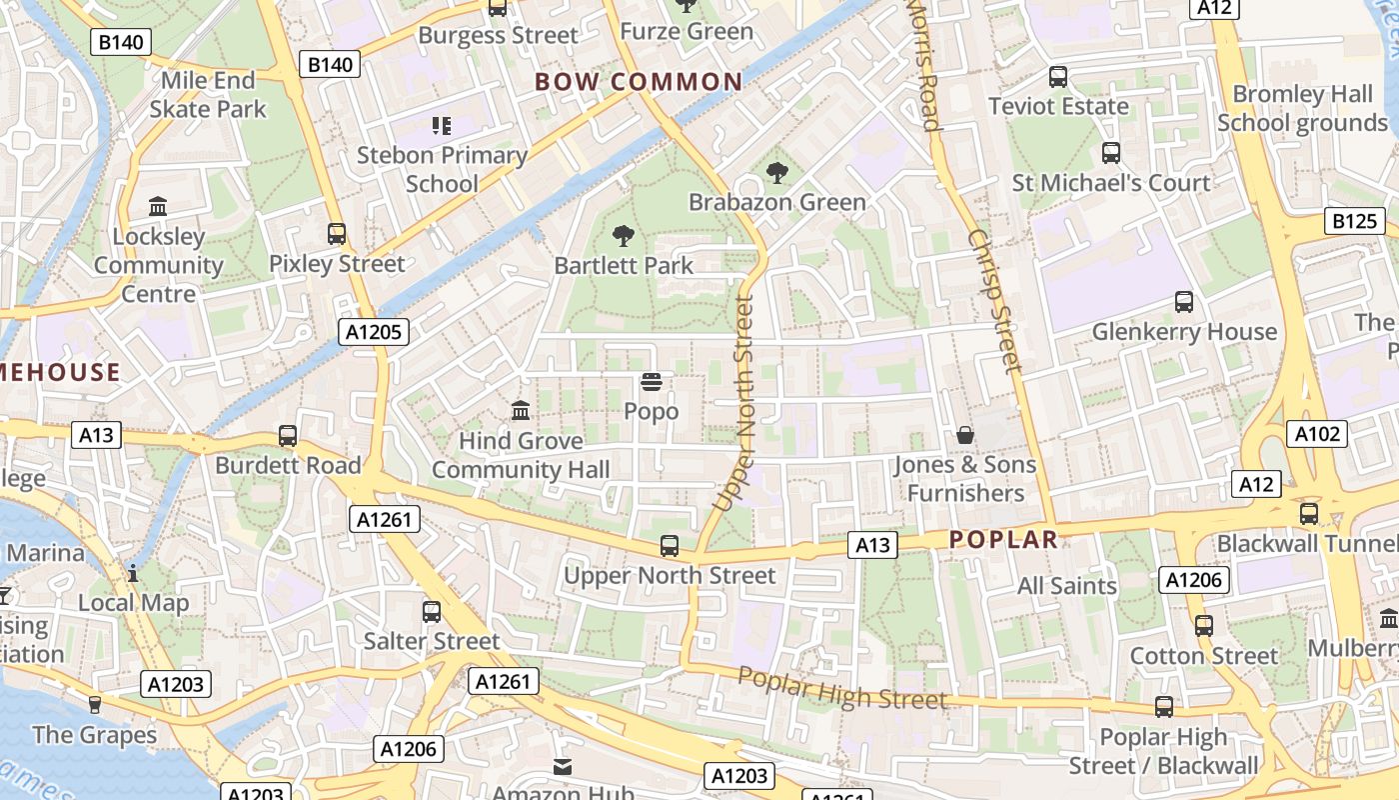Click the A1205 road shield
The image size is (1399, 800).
[374, 332]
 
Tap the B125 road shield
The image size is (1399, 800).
[1354, 221]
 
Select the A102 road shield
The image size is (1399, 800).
[1319, 434]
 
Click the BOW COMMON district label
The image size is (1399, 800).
[639, 82]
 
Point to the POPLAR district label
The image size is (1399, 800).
[1002, 540]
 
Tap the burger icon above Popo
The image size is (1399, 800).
[652, 382]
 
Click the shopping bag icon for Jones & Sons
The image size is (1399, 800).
[965, 435]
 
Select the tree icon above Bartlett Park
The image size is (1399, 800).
[624, 236]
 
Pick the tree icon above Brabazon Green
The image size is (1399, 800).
[776, 173]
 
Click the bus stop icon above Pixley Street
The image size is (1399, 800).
[337, 234]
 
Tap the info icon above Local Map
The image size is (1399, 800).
[133, 573]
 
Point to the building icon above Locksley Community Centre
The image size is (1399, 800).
[158, 207]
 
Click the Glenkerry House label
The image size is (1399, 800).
[1184, 331]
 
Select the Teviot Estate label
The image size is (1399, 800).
[1058, 106]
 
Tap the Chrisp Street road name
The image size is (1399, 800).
[994, 300]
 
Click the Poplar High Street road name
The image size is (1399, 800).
[841, 688]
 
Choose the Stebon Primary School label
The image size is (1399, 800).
[442, 169]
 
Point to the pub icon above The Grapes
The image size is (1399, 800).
[95, 705]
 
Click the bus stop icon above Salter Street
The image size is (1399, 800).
[432, 611]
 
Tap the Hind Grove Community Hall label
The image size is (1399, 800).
[521, 455]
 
